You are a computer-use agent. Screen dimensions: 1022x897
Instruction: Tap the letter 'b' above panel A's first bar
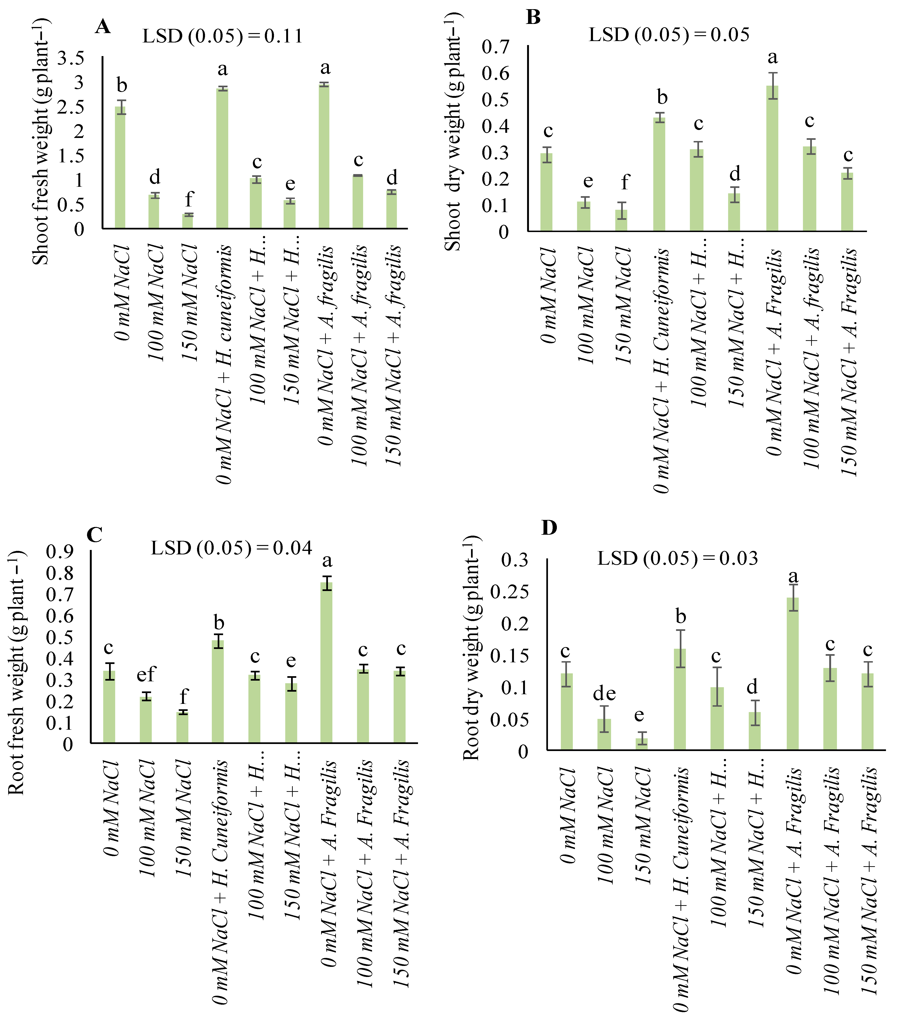click(122, 85)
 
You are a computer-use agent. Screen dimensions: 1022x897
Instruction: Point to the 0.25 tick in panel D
click(509, 591)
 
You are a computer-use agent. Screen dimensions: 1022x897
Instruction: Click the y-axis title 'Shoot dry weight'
click(453, 133)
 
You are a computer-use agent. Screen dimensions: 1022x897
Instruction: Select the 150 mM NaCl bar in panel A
click(187, 221)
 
